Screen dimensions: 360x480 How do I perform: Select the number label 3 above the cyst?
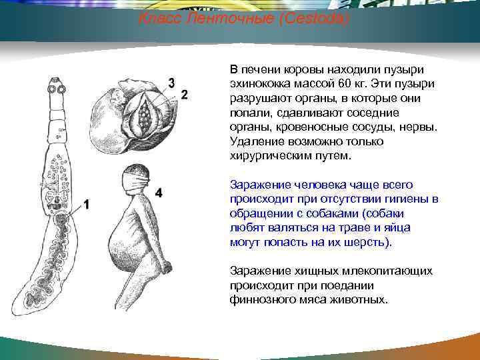(x=171, y=83)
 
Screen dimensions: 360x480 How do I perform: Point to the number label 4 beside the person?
(x=159, y=193)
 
